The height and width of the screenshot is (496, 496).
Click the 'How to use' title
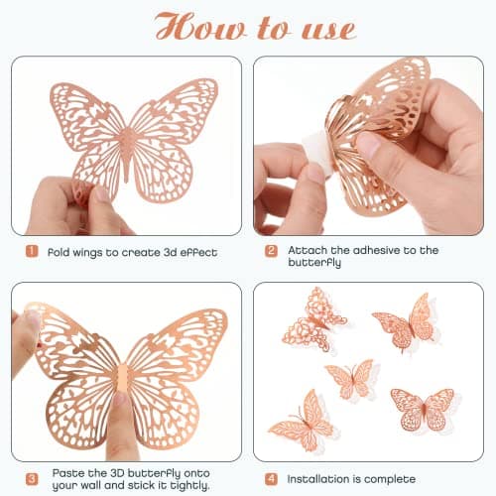248,27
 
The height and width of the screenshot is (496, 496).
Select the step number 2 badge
271,252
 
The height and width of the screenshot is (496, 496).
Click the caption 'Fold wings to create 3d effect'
132,252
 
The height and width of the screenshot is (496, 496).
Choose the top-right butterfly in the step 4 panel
407,321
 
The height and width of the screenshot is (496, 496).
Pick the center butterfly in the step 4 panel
352,380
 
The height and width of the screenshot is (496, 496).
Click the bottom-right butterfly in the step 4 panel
424,406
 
